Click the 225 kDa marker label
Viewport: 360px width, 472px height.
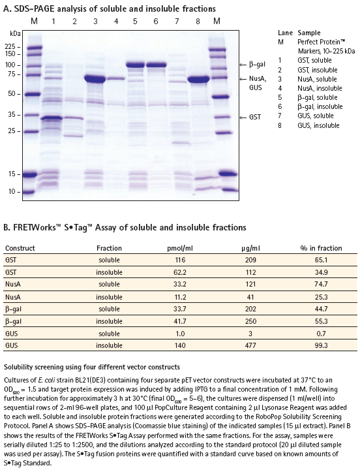point(10,46)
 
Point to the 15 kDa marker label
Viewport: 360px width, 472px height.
point(12,174)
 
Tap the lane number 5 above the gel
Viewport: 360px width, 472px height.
point(135,21)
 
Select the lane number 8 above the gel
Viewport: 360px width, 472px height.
point(198,21)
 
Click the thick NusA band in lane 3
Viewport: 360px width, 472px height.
point(95,79)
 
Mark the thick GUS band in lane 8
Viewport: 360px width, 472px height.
point(198,80)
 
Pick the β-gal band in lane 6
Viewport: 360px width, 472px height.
point(156,65)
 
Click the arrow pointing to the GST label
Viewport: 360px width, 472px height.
point(243,118)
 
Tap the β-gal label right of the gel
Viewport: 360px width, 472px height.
point(257,65)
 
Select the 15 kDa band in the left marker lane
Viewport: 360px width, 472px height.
point(31,174)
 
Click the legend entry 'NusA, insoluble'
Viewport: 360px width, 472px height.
point(320,89)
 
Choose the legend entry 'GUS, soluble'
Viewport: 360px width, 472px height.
point(316,116)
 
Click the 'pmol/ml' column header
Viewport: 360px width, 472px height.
point(180,248)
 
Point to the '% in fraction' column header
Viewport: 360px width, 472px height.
point(322,248)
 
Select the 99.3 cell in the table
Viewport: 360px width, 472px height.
point(322,345)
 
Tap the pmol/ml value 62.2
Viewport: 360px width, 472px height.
point(180,272)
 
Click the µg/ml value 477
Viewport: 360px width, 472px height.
point(250,345)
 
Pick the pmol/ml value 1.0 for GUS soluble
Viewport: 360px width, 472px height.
point(180,334)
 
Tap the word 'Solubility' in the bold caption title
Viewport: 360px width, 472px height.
point(16,368)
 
